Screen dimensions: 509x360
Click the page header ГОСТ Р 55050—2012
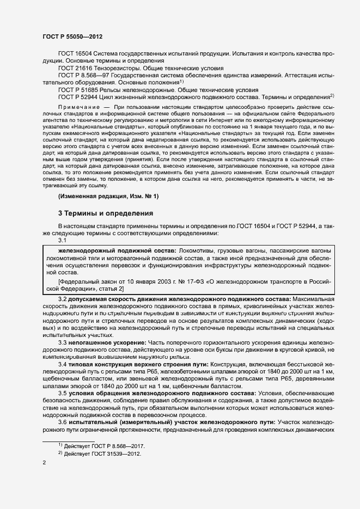(x=72, y=36)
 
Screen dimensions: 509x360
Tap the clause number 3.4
(x=63, y=364)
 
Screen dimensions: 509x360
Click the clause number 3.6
(x=63, y=422)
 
